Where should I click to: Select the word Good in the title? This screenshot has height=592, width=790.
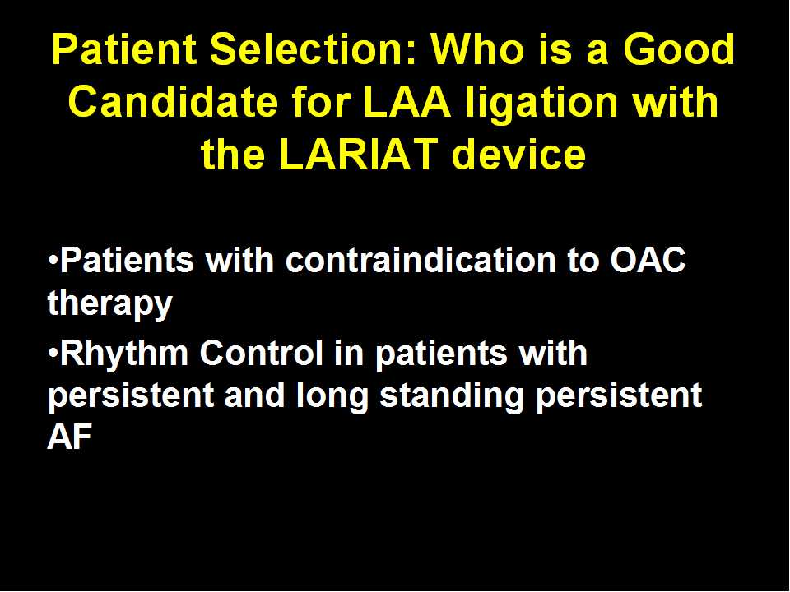point(679,49)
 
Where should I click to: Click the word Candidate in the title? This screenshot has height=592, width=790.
point(173,101)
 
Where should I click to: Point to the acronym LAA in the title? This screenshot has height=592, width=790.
point(407,102)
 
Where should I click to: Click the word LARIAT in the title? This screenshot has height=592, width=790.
point(358,154)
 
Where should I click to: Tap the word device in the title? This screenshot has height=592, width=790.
point(519,153)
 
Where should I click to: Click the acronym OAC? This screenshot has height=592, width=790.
point(648,261)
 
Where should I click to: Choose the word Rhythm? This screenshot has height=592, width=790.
point(124,353)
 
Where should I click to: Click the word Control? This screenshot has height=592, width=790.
point(261,353)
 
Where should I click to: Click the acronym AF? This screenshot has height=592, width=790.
point(69,437)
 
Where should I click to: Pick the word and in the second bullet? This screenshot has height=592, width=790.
point(254,395)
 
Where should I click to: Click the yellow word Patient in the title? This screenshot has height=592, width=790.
point(123,49)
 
